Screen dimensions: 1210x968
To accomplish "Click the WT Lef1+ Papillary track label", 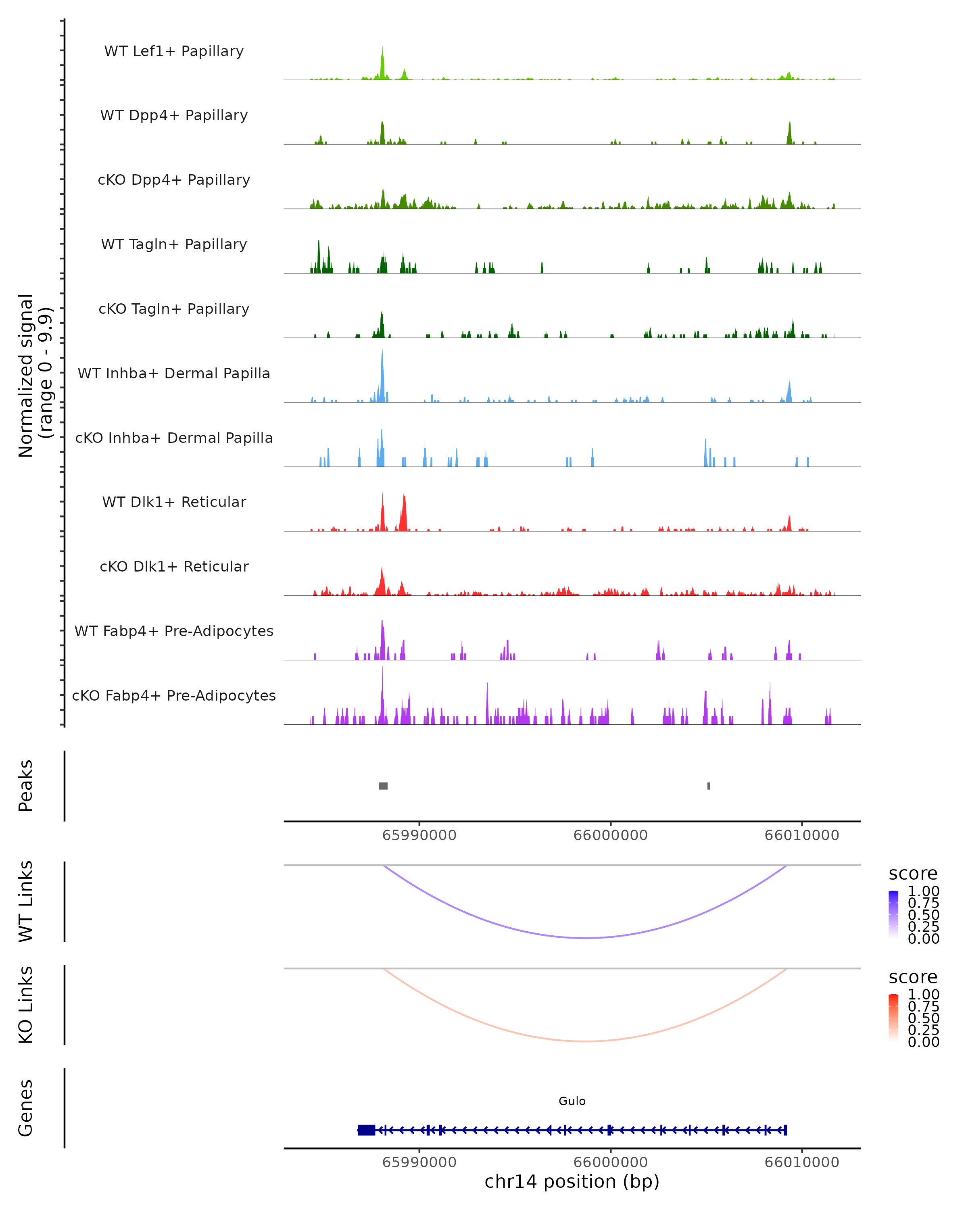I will point(174,51).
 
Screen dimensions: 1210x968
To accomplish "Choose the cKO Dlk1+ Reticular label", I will point(174,566).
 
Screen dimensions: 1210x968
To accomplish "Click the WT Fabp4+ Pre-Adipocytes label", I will point(174,631).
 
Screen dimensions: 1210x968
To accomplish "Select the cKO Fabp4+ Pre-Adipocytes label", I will point(174,695).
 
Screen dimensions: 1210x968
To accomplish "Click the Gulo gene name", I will point(572,1101).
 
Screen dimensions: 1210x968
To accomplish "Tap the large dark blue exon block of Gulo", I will point(367,1130).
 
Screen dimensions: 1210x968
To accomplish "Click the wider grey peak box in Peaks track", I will point(383,786).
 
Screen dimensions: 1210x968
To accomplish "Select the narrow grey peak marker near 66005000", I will point(709,786).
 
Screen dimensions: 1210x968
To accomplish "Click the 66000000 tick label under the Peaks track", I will point(611,835).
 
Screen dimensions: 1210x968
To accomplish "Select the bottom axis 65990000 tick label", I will point(419,1162).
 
